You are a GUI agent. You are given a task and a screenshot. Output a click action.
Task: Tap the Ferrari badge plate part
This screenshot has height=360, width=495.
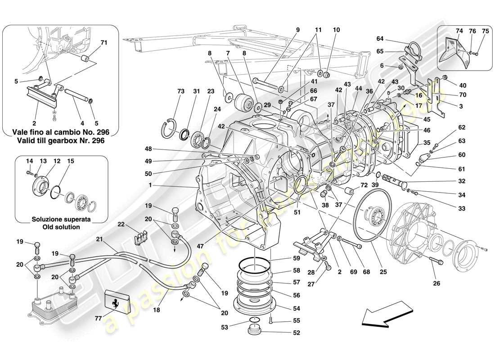tap(117, 301)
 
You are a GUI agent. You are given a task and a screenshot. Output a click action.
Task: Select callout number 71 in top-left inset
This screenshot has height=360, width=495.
tap(103, 43)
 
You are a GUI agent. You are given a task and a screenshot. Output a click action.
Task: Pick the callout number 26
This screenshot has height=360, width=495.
tap(436, 283)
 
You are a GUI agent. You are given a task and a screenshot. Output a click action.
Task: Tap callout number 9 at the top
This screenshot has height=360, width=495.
tap(297, 31)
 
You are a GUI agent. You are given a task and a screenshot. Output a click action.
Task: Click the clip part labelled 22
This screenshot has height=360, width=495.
tap(143, 233)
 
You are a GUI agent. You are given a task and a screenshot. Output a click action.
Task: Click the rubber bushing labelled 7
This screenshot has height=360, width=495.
tap(246, 100)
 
